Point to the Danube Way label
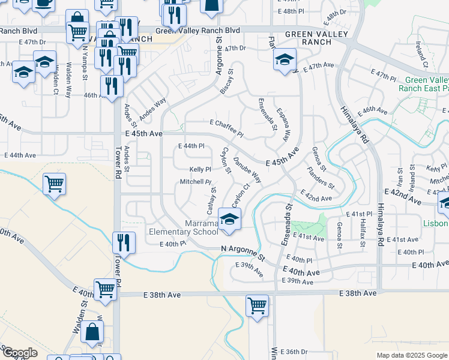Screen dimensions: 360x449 pos(247,170)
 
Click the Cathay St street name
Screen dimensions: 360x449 pos(211,200)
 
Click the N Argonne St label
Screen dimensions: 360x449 pos(243,253)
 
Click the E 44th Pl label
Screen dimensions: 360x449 pos(191,146)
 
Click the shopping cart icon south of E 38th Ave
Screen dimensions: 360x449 pos(257,305)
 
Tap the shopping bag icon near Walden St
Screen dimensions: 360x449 pos(92,331)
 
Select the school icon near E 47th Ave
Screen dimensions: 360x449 pos(284,59)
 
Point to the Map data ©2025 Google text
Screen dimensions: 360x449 pos(411,355)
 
